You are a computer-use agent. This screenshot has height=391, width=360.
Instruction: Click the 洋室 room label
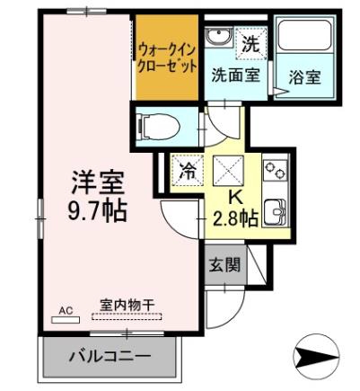(98, 183)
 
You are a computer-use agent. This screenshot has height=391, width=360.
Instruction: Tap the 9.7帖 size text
(98, 211)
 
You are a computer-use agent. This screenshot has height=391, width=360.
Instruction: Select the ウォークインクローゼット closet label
(167, 58)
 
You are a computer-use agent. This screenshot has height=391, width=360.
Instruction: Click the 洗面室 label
(235, 75)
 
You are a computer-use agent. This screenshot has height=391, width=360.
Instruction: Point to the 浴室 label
(304, 77)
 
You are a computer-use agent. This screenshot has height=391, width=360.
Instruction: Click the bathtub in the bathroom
(304, 35)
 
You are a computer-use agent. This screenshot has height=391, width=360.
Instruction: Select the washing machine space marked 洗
(250, 43)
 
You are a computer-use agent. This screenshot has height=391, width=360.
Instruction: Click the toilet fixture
(158, 128)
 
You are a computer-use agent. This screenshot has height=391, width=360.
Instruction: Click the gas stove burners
(276, 170)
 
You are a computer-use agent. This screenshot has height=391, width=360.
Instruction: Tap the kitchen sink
(276, 211)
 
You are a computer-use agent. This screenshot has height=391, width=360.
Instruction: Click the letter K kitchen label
(235, 198)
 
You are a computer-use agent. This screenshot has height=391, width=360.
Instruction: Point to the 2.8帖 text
(235, 219)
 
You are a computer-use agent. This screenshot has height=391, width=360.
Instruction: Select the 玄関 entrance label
(224, 264)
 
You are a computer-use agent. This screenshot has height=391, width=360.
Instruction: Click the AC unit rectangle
(66, 320)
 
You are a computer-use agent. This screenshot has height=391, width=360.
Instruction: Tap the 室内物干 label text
(127, 306)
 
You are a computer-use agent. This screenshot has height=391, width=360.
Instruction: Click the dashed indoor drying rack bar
(127, 316)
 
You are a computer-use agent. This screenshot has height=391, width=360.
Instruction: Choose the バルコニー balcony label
(110, 357)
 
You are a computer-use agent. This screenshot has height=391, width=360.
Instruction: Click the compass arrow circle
(316, 356)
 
